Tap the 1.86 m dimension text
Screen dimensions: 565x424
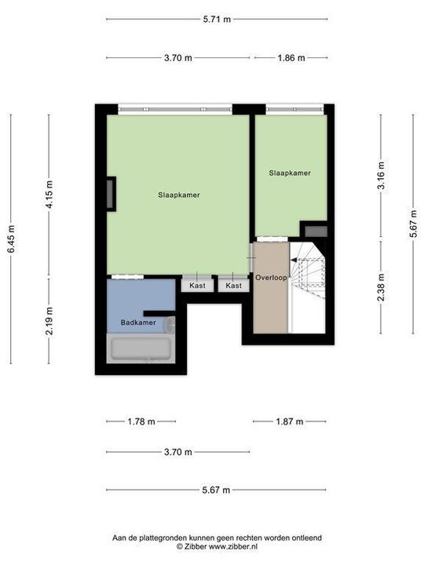coord(290,57)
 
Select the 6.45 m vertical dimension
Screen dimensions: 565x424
coord(11,239)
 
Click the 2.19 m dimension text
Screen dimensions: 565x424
coord(49,321)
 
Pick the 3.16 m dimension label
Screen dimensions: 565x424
coord(381,176)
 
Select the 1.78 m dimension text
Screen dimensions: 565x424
coord(141,421)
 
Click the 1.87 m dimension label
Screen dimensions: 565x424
coord(289,421)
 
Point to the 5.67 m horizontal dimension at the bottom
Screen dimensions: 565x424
coord(216,490)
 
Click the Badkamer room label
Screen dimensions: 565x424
coord(137,323)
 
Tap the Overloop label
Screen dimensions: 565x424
coord(271,278)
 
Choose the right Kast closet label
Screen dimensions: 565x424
coord(233,286)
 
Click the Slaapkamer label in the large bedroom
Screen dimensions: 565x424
coord(178,195)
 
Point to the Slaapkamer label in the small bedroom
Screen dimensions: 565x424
coord(289,173)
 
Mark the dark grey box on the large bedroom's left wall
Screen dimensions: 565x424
coord(111,194)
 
